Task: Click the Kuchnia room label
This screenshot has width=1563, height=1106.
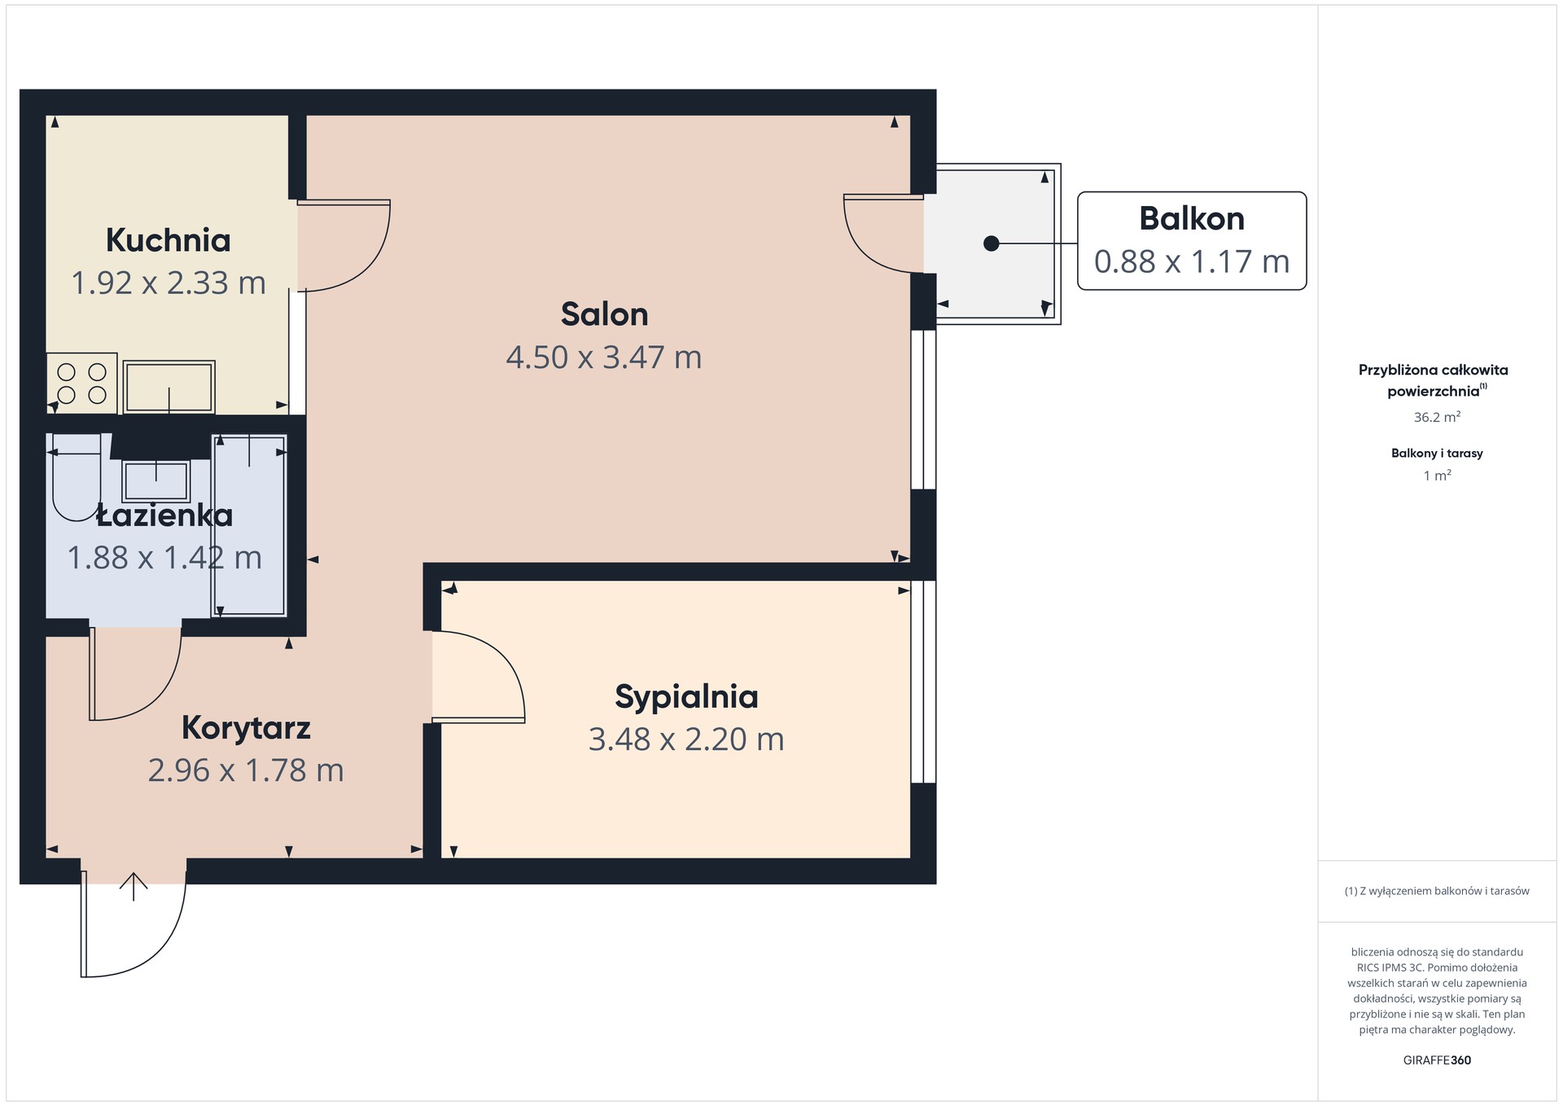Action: coord(169,240)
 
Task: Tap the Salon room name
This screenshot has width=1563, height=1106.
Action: coord(604,314)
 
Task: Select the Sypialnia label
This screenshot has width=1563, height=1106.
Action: coord(686,697)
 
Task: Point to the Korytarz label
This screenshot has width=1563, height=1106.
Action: coord(246,728)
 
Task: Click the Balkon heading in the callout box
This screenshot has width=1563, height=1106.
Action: coord(1192,218)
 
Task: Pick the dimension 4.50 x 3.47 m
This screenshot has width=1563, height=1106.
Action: coord(604,357)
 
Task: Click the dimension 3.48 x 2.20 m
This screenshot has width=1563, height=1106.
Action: coord(686,740)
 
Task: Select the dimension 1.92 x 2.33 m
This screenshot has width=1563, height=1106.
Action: coord(169,283)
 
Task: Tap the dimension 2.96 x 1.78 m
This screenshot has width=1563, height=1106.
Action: coord(246,770)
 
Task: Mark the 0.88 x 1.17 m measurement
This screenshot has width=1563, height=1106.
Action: coord(1192,261)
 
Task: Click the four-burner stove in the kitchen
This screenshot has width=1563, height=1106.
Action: coord(81,384)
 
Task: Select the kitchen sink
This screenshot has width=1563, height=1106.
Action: coord(169,387)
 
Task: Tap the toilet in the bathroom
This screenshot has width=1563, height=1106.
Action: coord(77,477)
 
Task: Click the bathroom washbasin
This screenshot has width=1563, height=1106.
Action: coord(155,481)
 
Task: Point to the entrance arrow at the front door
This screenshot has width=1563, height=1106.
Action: coord(134,886)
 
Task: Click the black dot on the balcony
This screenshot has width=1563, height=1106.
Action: coord(991,244)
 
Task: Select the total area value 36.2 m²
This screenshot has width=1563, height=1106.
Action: coord(1437,417)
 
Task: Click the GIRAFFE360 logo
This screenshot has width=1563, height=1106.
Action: coord(1437,1060)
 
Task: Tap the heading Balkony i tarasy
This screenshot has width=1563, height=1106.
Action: coord(1437,454)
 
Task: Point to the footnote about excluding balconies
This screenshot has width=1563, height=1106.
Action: coord(1437,891)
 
